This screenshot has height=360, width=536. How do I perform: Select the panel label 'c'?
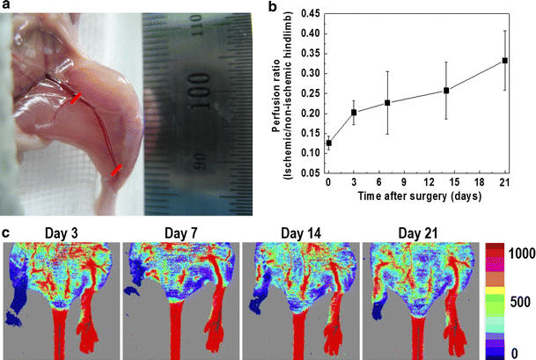pos(6,232)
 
